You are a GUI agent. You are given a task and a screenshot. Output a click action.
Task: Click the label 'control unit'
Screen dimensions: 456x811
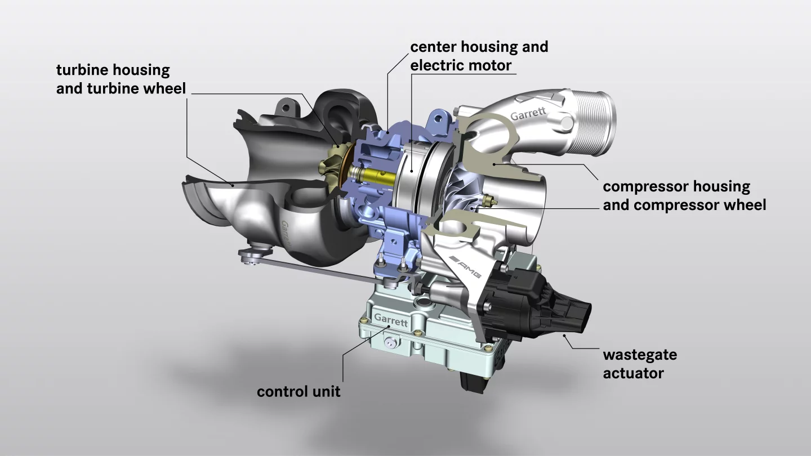tap(298, 391)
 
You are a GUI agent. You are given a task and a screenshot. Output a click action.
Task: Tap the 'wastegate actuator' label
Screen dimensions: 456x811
tap(640, 364)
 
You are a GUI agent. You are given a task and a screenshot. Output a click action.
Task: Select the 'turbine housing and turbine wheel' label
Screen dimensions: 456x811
tap(121, 79)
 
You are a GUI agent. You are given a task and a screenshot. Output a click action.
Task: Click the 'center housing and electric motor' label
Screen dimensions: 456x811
tap(479, 56)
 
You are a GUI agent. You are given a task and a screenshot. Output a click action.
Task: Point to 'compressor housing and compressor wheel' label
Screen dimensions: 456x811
tap(684, 195)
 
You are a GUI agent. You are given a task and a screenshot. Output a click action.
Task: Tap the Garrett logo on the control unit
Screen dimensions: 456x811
tap(390, 320)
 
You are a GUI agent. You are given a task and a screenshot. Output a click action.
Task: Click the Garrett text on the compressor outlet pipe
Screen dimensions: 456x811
tap(528, 114)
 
